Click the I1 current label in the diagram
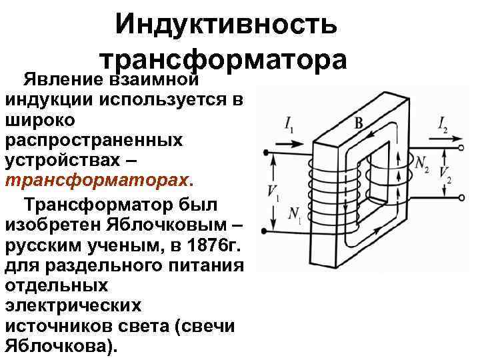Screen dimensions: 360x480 (287, 124)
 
